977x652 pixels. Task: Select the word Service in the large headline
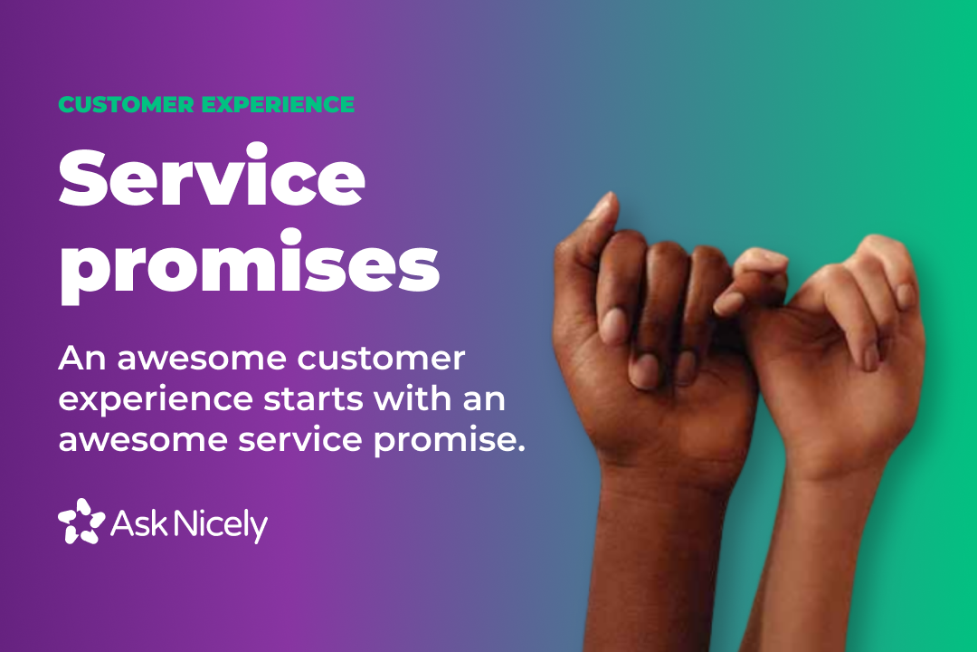coord(212,179)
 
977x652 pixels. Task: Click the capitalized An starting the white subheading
coord(78,360)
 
